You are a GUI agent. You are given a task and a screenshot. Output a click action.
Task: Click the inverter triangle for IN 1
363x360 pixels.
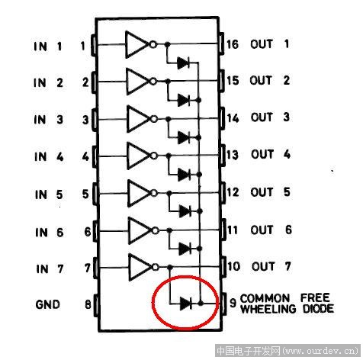[137, 44]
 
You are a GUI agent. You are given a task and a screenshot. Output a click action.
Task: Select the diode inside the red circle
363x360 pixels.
[186, 304]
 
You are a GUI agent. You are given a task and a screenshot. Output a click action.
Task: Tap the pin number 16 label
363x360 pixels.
[233, 44]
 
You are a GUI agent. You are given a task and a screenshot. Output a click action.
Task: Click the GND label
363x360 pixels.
[48, 304]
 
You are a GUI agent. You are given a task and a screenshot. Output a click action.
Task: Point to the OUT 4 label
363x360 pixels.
[271, 154]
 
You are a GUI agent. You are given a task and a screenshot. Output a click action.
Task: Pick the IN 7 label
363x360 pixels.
[50, 268]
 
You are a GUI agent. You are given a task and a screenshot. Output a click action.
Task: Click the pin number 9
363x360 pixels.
[233, 303]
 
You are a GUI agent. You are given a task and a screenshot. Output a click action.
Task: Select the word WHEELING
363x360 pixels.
[268, 309]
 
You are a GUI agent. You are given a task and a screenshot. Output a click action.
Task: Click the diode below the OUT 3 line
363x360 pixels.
[184, 137]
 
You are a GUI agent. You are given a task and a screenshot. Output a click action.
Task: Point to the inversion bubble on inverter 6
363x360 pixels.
[155, 230]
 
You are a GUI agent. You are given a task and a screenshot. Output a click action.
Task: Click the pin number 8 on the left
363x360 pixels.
[88, 304]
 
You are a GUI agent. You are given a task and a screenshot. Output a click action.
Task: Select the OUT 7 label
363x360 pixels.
[271, 266]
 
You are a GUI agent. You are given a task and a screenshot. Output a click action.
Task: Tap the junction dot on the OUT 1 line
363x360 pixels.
[167, 44]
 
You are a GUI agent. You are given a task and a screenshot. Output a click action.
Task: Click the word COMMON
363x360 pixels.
[265, 298]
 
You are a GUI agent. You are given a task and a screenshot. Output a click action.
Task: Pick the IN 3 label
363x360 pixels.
[48, 119]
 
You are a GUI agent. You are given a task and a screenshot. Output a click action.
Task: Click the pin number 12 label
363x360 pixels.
[233, 192]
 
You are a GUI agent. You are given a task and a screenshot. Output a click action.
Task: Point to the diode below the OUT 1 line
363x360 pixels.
[183, 63]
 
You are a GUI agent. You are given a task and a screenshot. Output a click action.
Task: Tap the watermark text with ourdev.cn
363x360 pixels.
[288, 351]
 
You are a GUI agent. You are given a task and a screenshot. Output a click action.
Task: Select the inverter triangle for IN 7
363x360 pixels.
[140, 267]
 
